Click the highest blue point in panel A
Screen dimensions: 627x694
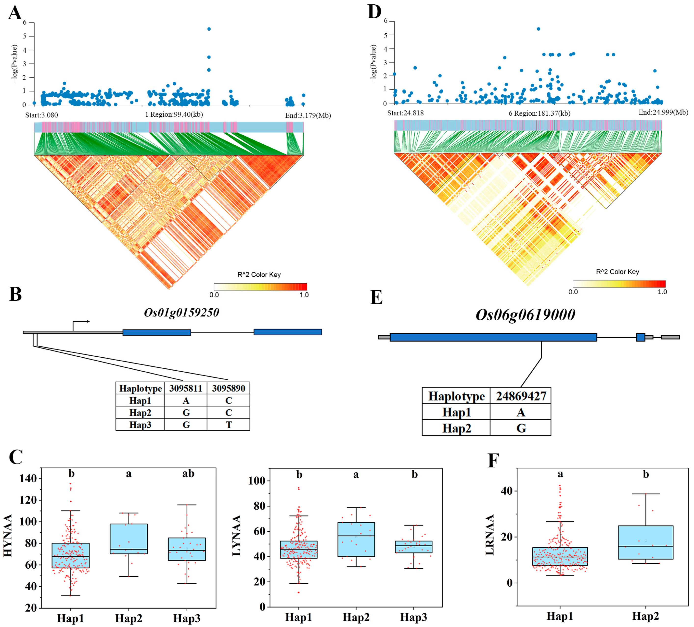[209, 29]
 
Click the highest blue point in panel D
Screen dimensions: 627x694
[538, 29]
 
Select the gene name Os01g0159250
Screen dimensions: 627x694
[181, 313]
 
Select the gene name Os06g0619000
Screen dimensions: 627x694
[525, 314]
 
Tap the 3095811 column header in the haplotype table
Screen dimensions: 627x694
[186, 388]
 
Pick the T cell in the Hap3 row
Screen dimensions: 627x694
[229, 425]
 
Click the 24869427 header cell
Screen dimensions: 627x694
[521, 396]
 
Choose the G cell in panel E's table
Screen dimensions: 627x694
[521, 428]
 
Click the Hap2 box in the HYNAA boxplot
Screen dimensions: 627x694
[129, 539]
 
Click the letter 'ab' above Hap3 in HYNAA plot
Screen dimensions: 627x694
[188, 474]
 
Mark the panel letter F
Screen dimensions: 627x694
[493, 460]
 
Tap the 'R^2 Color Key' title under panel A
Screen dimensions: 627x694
[259, 275]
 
